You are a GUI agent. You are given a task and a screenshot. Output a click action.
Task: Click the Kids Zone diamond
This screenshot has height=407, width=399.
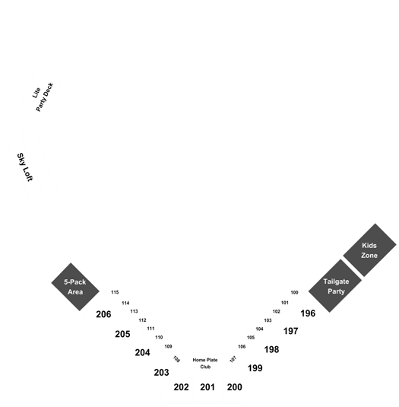click(x=369, y=250)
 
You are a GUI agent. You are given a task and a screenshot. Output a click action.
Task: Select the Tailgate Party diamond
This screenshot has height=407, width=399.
click(x=335, y=286)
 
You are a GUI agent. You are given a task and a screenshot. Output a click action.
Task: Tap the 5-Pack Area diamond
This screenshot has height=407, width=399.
click(x=75, y=287)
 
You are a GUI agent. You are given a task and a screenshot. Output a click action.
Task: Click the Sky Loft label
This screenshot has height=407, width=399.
click(x=24, y=167)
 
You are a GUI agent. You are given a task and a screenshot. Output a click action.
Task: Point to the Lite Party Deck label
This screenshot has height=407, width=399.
click(x=43, y=97)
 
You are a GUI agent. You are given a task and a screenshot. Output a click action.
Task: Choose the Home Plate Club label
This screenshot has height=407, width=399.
click(x=205, y=364)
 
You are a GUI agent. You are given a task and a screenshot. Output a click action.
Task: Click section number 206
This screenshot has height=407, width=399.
click(x=103, y=314)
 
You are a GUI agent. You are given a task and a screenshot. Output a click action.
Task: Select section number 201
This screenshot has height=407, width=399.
click(x=207, y=387)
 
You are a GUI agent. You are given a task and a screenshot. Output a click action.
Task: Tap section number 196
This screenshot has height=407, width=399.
click(x=308, y=313)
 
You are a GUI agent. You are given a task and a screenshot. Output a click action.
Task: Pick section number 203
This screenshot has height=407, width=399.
click(x=162, y=373)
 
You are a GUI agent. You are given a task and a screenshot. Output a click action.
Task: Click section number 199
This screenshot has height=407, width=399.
click(x=255, y=368)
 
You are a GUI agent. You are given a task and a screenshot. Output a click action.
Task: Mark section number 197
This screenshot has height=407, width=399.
click(x=290, y=331)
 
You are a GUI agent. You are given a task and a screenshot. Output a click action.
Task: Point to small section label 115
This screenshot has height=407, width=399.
click(x=115, y=292)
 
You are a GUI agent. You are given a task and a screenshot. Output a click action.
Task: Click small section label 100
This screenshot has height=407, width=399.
click(x=294, y=293)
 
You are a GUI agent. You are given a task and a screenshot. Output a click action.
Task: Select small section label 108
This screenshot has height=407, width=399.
click(x=176, y=359)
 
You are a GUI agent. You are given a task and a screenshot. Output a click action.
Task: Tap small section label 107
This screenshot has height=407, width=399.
click(x=233, y=359)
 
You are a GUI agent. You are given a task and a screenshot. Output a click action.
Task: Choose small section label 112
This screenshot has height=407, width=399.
click(x=142, y=320)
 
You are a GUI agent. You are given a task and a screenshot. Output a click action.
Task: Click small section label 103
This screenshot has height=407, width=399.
click(x=268, y=320)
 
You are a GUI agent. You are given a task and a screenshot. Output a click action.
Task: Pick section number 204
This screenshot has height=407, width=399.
click(x=142, y=353)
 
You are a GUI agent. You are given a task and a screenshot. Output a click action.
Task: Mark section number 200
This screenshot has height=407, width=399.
click(x=235, y=387)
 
